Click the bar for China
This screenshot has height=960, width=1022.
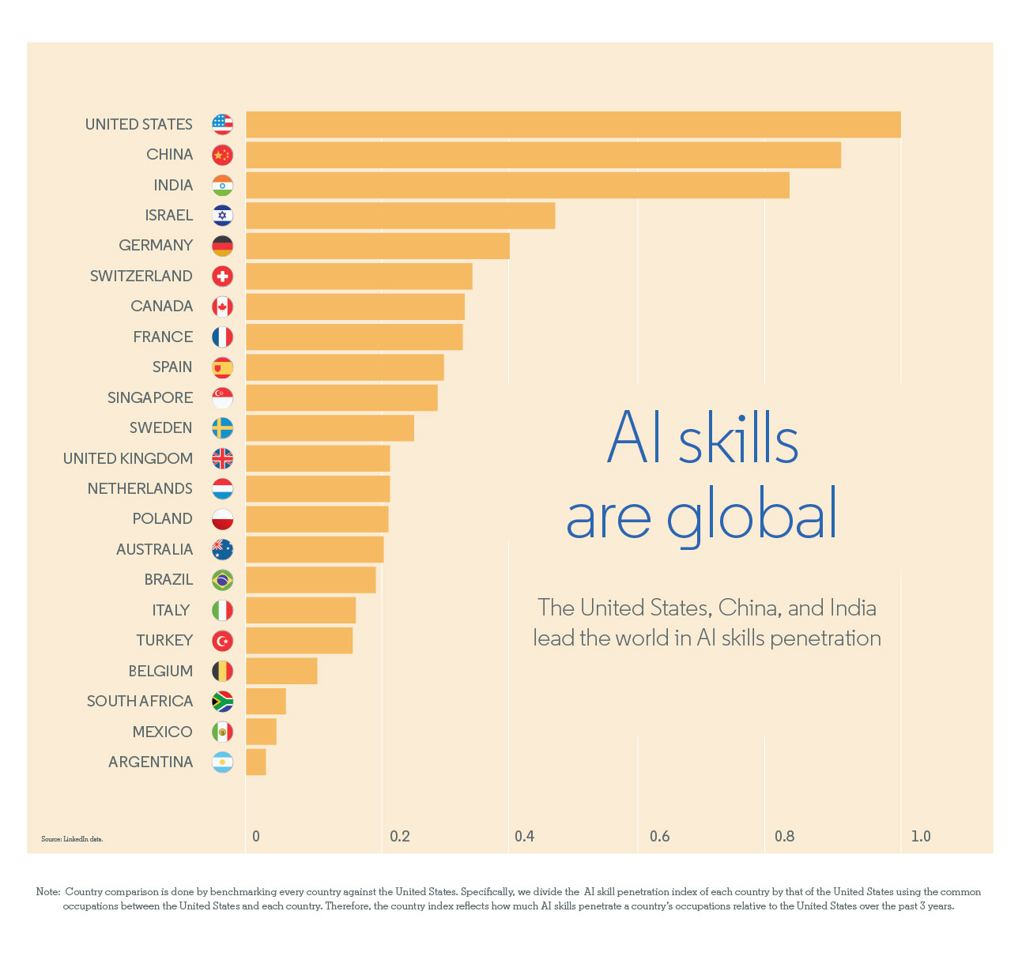click(x=543, y=155)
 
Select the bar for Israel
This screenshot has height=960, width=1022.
click(x=400, y=216)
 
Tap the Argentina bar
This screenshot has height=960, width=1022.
click(x=256, y=762)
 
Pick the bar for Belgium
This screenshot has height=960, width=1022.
click(x=281, y=671)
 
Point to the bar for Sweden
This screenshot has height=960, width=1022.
click(x=330, y=428)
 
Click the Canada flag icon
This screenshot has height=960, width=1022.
click(x=223, y=307)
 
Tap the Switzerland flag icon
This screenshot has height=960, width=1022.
click(x=223, y=277)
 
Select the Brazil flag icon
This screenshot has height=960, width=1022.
click(x=223, y=580)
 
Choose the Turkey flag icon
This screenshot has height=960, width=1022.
click(x=223, y=641)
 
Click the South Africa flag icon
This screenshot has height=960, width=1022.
click(x=223, y=702)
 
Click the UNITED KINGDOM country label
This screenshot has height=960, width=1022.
click(x=128, y=458)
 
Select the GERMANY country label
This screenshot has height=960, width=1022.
click(x=156, y=246)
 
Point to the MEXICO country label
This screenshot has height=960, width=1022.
click(x=162, y=732)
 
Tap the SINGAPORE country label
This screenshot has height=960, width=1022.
click(x=150, y=398)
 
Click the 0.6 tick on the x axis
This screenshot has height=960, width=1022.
click(x=659, y=836)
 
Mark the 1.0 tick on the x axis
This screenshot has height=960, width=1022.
click(x=921, y=836)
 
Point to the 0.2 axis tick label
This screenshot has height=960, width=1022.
click(x=400, y=836)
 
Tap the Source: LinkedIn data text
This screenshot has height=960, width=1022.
click(x=72, y=839)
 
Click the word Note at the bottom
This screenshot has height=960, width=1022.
click(x=47, y=892)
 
